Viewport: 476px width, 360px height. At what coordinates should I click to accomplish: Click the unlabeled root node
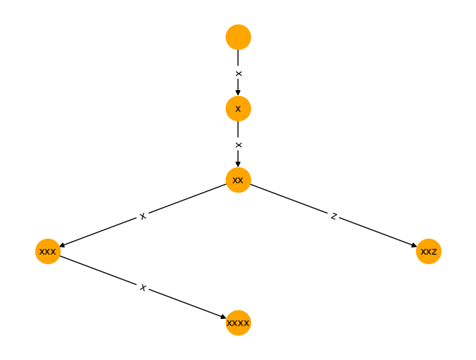[238, 37]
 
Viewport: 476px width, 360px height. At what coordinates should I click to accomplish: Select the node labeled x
[238, 109]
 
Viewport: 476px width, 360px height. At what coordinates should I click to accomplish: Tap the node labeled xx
[238, 180]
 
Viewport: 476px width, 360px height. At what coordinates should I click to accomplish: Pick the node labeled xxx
[48, 251]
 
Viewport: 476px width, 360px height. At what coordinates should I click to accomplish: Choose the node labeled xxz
[428, 251]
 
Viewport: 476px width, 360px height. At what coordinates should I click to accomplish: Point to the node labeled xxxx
[238, 322]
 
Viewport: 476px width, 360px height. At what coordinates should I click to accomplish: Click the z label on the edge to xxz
[334, 216]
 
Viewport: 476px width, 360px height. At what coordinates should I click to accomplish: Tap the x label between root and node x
[239, 73]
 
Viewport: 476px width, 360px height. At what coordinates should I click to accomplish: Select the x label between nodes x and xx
[239, 145]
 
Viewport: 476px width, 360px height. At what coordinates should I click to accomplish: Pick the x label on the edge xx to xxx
[143, 216]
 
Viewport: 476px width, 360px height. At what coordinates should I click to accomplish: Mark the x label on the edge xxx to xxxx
[143, 287]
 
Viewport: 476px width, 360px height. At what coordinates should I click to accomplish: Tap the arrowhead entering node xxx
[63, 245]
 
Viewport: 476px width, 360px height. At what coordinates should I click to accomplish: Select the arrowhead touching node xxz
[414, 245]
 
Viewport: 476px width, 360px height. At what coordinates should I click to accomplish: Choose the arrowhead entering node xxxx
[224, 317]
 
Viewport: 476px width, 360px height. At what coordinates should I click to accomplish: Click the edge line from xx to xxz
[333, 216]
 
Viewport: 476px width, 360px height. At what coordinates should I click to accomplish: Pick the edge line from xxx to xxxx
[143, 287]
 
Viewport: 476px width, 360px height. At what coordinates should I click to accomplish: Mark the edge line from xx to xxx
[143, 216]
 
